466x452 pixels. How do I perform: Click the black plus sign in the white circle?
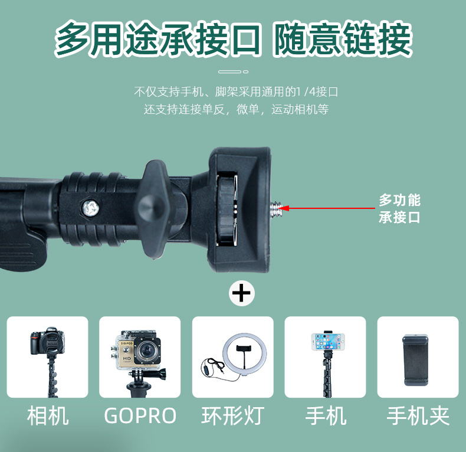[242, 293]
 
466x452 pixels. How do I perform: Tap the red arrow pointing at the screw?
[327, 208]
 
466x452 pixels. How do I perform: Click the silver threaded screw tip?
[275, 208]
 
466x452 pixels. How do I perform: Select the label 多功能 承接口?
[399, 208]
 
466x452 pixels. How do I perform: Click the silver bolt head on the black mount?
[91, 207]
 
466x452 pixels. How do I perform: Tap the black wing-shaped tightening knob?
[155, 209]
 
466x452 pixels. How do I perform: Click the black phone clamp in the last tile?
[416, 360]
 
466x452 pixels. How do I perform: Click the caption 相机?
[48, 415]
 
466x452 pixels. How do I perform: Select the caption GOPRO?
[140, 415]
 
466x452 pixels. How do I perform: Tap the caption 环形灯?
[233, 415]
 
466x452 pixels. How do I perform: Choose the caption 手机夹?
[418, 415]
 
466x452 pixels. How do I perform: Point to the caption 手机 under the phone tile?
[326, 415]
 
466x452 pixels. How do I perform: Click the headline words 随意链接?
[343, 39]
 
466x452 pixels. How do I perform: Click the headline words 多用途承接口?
[158, 39]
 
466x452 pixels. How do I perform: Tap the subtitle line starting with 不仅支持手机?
[236, 91]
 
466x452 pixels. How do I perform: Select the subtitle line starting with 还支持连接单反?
[237, 109]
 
